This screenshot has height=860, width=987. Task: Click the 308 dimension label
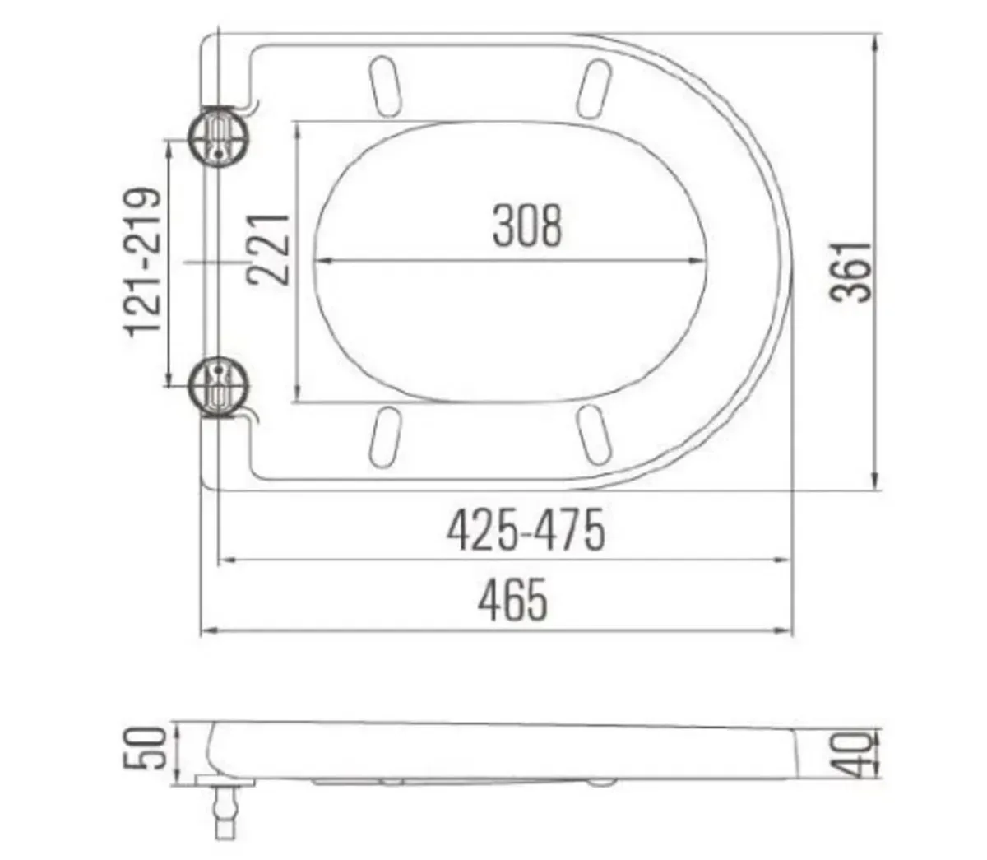click(x=527, y=226)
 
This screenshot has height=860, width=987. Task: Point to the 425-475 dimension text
click(x=526, y=531)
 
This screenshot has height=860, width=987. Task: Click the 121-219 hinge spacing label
click(x=142, y=262)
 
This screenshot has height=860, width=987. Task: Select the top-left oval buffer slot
click(x=385, y=84)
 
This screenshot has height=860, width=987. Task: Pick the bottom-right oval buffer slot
click(x=595, y=434)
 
